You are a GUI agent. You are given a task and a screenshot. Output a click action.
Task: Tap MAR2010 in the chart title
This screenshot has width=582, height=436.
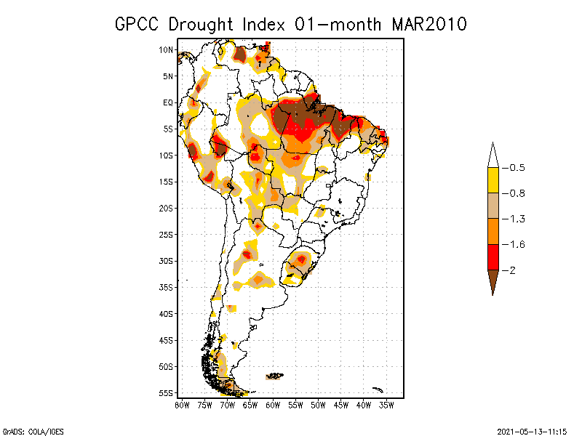click(x=429, y=24)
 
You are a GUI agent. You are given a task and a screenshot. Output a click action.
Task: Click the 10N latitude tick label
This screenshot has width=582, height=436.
click(x=166, y=49)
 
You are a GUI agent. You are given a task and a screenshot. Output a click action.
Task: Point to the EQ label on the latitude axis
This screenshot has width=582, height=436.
click(x=167, y=102)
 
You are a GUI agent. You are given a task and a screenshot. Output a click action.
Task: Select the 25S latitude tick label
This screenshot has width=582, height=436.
click(x=166, y=234)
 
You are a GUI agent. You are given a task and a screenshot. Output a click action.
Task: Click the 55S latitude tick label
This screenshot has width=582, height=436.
click(x=166, y=392)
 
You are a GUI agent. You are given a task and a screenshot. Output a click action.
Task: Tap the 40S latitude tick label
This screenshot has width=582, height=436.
click(x=166, y=313)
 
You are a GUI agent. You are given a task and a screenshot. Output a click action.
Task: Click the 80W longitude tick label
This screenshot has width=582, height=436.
click(x=182, y=404)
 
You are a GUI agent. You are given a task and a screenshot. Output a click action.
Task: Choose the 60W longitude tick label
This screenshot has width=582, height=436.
click(x=273, y=404)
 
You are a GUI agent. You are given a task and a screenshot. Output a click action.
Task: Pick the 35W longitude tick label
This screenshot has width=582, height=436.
click(x=386, y=404)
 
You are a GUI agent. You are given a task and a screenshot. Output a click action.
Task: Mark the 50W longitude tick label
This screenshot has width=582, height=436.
click(x=318, y=404)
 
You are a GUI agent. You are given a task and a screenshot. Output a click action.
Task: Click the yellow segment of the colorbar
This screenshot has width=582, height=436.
click(x=493, y=180)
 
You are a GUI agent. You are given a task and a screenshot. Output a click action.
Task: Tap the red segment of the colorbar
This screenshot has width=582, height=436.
click(x=493, y=257)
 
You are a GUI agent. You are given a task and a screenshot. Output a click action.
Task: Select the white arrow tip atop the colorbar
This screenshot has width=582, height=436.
click(x=493, y=156)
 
